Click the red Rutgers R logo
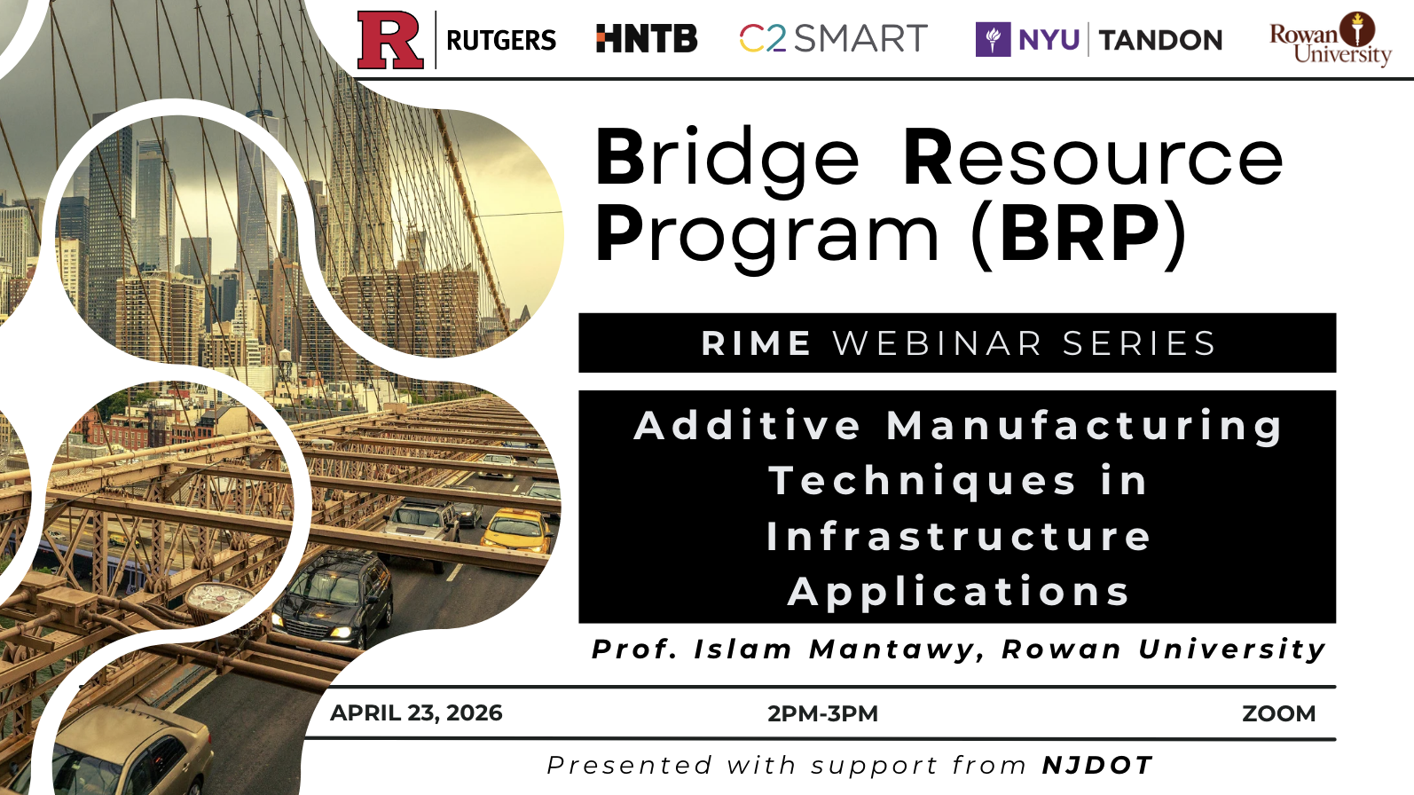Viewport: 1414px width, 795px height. (390, 40)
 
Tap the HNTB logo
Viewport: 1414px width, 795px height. (647, 38)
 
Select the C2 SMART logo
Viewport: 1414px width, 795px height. (833, 38)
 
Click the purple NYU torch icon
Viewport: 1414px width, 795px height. (993, 39)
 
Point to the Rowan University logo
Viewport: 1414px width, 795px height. (1331, 39)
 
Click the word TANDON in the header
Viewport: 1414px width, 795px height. (1161, 40)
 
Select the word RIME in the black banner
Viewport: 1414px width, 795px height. (756, 343)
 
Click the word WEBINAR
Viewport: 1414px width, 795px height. (937, 343)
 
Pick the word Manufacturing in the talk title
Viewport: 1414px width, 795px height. (1084, 427)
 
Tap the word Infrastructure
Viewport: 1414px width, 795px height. (958, 537)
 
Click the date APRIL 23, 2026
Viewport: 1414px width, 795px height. (416, 712)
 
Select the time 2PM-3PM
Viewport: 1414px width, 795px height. (822, 713)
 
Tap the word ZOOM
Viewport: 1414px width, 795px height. (1279, 713)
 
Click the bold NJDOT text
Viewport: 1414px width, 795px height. (1097, 766)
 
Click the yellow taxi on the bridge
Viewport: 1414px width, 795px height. (516, 531)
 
